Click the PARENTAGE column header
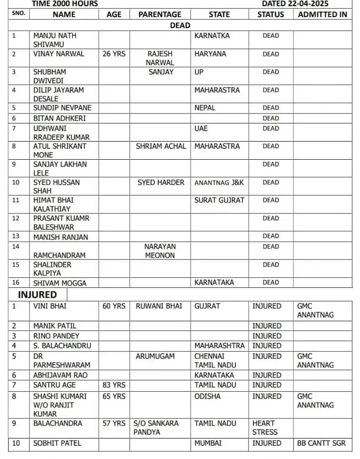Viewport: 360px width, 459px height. [160, 15]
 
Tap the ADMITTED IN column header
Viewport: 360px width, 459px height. [322, 15]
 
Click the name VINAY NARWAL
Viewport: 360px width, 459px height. [59, 54]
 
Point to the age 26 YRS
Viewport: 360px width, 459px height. [114, 54]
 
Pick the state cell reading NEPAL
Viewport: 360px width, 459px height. [205, 108]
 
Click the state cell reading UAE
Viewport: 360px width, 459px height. [201, 128]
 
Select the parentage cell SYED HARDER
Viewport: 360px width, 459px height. [160, 183]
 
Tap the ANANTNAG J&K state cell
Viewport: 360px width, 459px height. [219, 183]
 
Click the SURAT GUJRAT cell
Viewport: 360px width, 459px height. [219, 200]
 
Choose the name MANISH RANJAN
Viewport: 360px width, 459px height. [60, 237]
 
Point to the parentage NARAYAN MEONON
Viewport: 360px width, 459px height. [160, 251]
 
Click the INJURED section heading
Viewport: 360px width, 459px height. [37, 295]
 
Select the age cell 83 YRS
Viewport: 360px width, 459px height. [114, 385]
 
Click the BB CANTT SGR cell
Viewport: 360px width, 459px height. [321, 443]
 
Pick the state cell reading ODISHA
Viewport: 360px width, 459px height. [208, 397]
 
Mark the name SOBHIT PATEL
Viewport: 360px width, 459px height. [57, 443]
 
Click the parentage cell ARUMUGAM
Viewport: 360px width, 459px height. [155, 357]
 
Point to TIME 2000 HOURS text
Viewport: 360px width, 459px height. [65, 4]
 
